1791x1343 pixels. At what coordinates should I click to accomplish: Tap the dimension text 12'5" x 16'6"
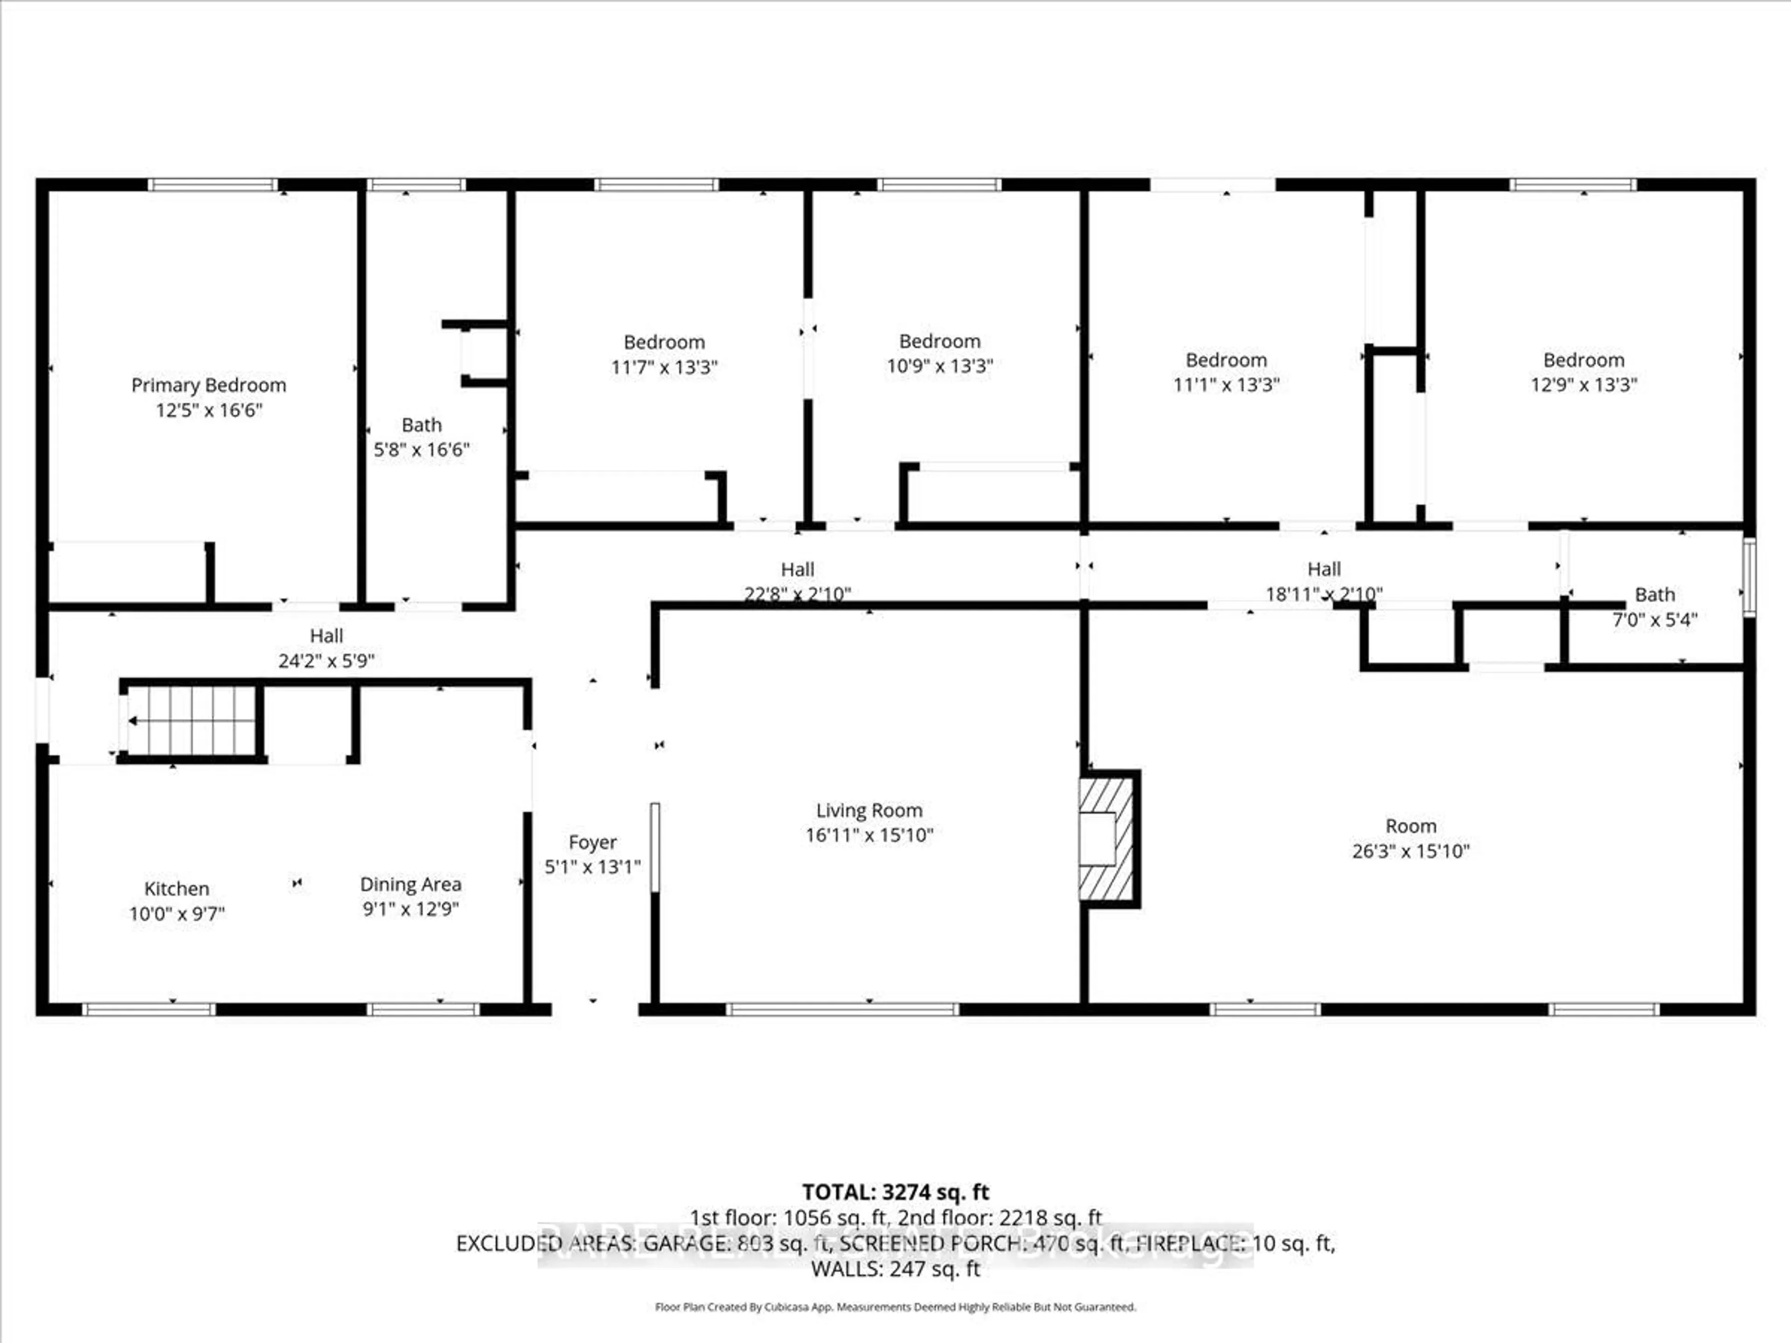(209, 410)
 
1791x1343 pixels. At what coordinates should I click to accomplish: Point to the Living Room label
(869, 810)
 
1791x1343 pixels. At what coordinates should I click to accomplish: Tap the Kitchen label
(176, 889)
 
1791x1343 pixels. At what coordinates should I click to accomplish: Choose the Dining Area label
(410, 885)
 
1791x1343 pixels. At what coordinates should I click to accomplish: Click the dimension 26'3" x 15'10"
(1410, 851)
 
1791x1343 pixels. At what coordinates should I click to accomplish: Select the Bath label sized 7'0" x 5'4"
(1654, 595)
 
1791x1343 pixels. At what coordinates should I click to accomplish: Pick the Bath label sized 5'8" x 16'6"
(421, 425)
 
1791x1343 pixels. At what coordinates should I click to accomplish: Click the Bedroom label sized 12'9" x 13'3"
(1583, 360)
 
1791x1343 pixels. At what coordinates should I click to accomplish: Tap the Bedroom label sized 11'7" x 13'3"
(664, 342)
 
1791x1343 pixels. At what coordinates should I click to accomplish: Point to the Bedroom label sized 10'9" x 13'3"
(939, 342)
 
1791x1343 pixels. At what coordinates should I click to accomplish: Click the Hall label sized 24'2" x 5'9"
(326, 636)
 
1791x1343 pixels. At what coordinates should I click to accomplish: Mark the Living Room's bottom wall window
(842, 1010)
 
